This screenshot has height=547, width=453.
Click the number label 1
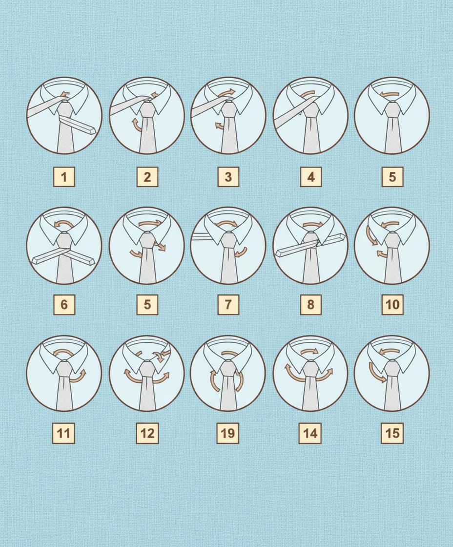coord(64,177)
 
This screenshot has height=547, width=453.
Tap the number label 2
coord(147,177)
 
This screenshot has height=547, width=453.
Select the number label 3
coord(228,177)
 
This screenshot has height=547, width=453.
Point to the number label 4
coord(311,177)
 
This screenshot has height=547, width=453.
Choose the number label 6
coord(64,305)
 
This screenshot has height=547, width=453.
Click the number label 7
coord(228,305)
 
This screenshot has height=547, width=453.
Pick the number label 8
coord(311,305)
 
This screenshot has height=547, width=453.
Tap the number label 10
coord(392,305)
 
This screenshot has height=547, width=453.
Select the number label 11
coord(63,433)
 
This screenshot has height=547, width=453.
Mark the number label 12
coord(147,433)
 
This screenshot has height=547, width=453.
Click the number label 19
coord(228,433)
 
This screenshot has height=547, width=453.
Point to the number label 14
coord(310,433)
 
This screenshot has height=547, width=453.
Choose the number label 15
coord(392,433)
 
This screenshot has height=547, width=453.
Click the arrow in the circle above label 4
coord(309,94)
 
